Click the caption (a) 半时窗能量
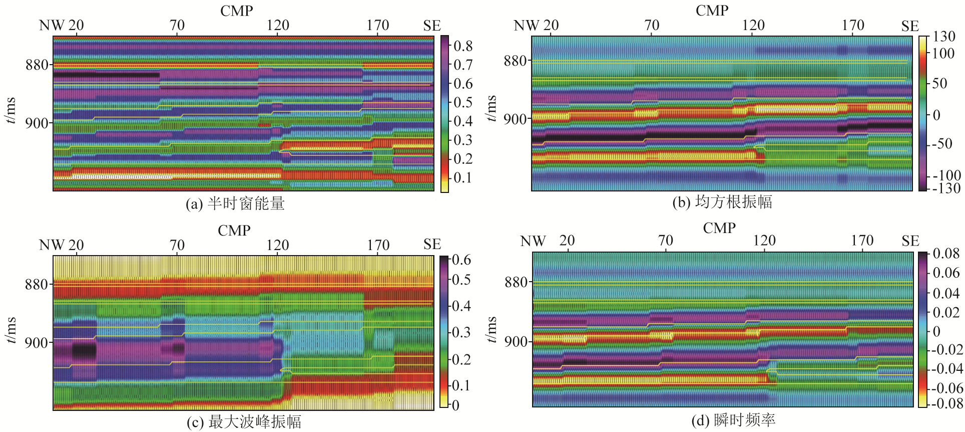(x=235, y=203)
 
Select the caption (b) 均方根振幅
(x=722, y=202)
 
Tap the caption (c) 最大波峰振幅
(x=244, y=422)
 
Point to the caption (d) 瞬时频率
(x=733, y=420)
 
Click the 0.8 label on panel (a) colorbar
(x=463, y=46)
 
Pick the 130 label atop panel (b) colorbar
(x=944, y=37)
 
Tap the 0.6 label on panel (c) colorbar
(x=461, y=260)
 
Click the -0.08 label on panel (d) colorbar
(x=945, y=403)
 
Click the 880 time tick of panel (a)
(x=37, y=65)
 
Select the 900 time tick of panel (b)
(x=515, y=119)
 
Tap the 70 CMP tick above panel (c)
(x=177, y=245)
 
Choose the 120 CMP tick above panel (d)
(x=764, y=241)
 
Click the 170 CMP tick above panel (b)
(x=853, y=25)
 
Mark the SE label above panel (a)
(x=431, y=26)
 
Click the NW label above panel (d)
(x=533, y=241)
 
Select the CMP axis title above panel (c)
(x=234, y=231)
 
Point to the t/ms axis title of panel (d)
(x=492, y=329)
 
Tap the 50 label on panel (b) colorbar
(x=939, y=83)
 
